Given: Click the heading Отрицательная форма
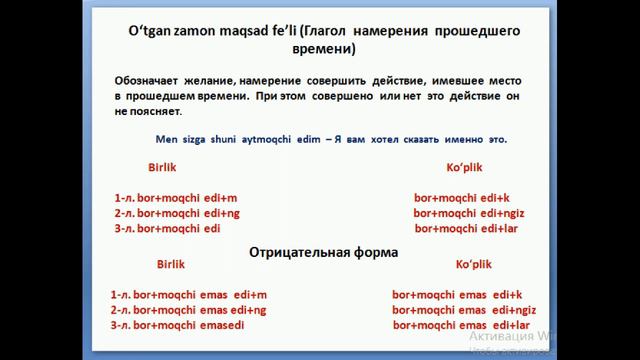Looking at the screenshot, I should [x=323, y=252].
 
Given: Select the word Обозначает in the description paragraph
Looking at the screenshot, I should [x=148, y=78].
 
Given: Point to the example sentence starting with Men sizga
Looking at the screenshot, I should [x=331, y=139].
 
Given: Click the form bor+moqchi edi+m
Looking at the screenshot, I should [x=177, y=198].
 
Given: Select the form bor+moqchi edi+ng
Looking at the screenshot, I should [x=179, y=213].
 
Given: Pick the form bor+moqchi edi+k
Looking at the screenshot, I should [x=462, y=198].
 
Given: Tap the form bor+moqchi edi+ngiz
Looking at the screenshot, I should [x=469, y=213].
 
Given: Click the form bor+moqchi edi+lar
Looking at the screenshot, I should [x=466, y=228].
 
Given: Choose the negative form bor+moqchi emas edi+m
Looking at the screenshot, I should [x=189, y=295].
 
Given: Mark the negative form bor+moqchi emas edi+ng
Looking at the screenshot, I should [x=189, y=310].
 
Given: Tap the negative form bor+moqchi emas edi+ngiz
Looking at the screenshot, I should [x=464, y=310].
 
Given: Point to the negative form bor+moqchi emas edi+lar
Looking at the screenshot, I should [x=461, y=325].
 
